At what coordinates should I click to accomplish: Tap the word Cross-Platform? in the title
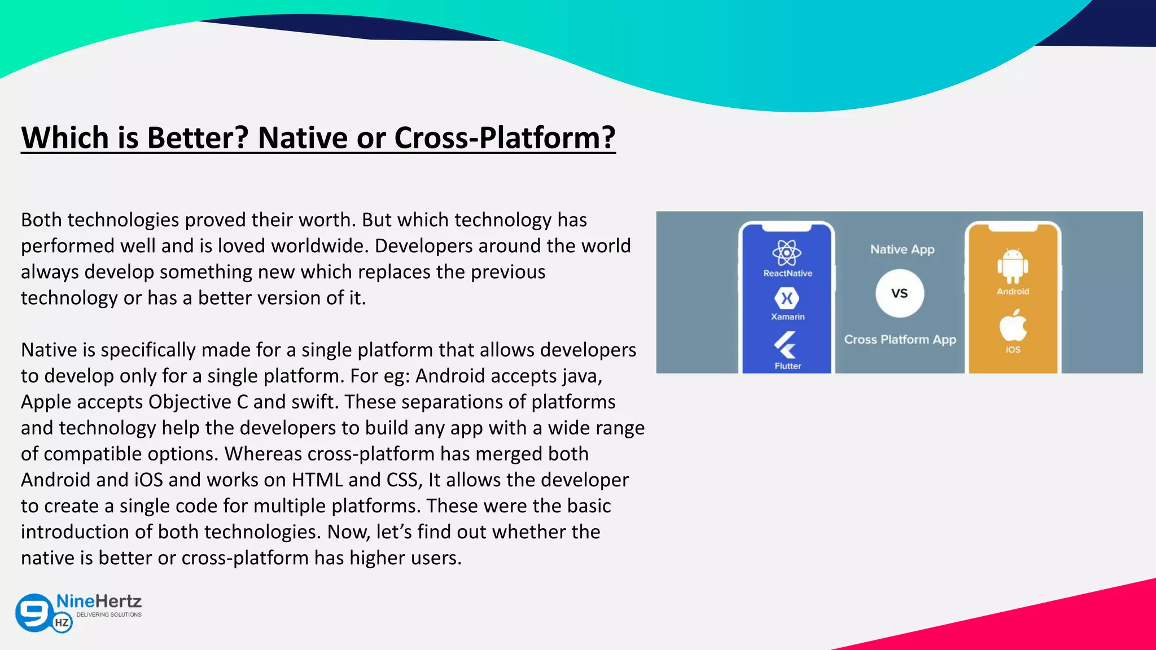click(x=504, y=138)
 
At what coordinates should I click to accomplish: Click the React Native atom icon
click(x=787, y=253)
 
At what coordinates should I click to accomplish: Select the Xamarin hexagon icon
click(x=787, y=298)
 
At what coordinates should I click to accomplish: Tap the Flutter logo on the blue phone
click(x=785, y=345)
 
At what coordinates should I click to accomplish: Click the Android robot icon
click(x=1013, y=266)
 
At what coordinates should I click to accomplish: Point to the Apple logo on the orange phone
click(x=1013, y=325)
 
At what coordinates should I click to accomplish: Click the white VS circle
click(x=900, y=293)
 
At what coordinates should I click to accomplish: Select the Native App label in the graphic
click(x=902, y=249)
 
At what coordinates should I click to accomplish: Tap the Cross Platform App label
click(x=900, y=340)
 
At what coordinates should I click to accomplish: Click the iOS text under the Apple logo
click(x=1013, y=350)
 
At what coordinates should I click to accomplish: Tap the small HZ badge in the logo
click(x=62, y=623)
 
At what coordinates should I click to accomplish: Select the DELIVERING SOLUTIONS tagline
click(x=109, y=614)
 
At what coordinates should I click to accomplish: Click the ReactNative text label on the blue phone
click(x=787, y=274)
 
